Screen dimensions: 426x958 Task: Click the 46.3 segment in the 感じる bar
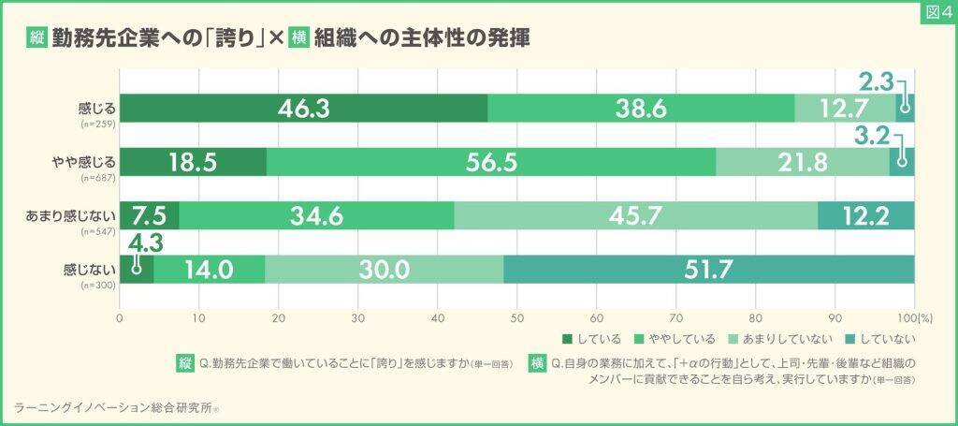point(303,109)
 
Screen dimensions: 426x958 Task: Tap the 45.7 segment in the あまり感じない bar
point(636,215)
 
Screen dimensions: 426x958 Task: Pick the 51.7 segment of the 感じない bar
point(708,269)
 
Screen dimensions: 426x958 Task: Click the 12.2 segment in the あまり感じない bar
point(865,215)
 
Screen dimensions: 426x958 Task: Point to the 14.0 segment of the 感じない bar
point(210,269)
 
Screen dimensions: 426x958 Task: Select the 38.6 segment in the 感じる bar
point(641,109)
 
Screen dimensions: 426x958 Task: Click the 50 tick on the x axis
point(517,318)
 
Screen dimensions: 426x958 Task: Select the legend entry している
point(594,339)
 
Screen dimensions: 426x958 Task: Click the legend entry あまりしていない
point(782,339)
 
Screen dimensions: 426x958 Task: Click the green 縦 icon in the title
point(38,39)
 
